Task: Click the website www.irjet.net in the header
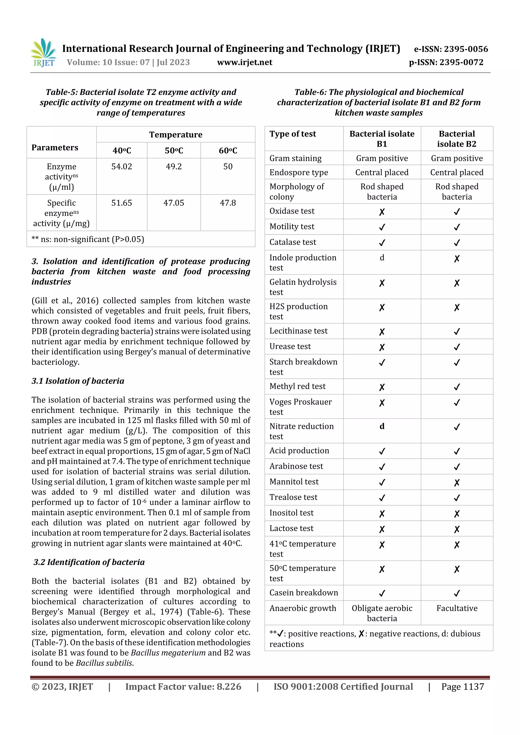click(245, 62)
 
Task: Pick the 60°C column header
click(228, 150)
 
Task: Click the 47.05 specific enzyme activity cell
click(174, 203)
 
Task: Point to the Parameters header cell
click(55, 148)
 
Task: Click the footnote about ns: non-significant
click(88, 239)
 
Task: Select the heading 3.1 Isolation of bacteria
click(78, 381)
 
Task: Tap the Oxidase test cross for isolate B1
click(382, 212)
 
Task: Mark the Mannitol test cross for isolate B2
click(457, 482)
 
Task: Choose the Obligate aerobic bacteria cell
click(382, 613)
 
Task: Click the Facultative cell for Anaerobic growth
click(457, 608)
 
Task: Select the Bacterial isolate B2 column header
click(457, 139)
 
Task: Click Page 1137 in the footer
click(462, 686)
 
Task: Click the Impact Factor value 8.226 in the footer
click(183, 686)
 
